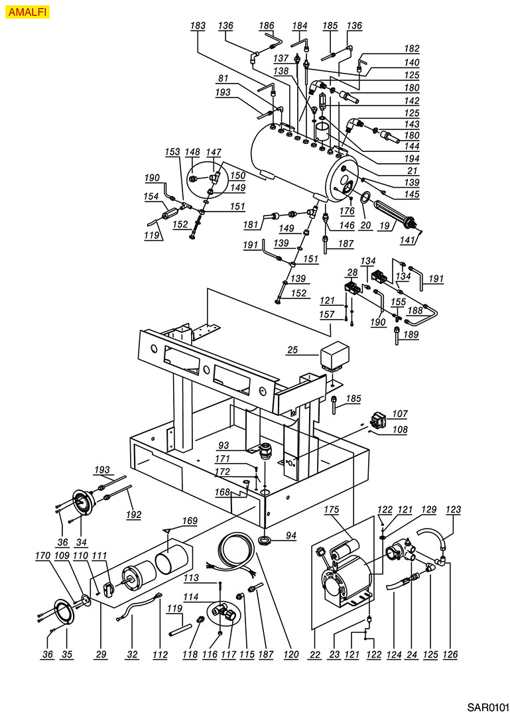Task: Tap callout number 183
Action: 198,26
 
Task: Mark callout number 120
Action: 290,654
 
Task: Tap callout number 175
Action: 332,509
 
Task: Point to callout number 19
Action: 383,226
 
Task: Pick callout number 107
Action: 400,415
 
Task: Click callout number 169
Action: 190,521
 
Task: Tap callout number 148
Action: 192,153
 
